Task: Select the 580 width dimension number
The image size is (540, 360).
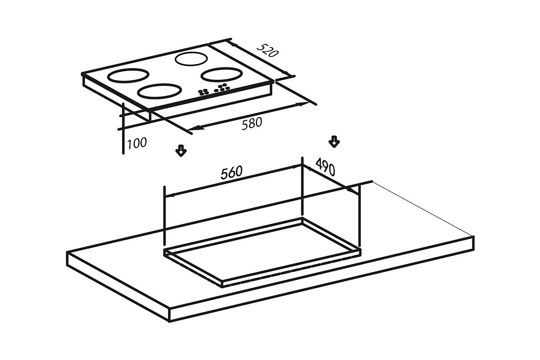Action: [x=252, y=123]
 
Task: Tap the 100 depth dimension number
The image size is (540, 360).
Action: [x=137, y=143]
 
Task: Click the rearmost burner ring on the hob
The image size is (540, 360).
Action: [x=192, y=59]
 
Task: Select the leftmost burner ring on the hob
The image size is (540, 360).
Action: [x=128, y=76]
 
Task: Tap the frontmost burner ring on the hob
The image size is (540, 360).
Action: [x=159, y=91]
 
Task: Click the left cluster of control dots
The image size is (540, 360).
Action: [x=204, y=92]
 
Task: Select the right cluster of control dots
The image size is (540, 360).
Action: [x=222, y=88]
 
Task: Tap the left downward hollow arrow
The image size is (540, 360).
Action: [x=181, y=151]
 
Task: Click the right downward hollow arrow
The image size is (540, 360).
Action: [x=334, y=141]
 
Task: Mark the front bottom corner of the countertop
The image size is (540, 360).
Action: [x=170, y=322]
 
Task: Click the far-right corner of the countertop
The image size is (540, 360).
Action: [x=474, y=236]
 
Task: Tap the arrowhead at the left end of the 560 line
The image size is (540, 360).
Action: [x=170, y=195]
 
